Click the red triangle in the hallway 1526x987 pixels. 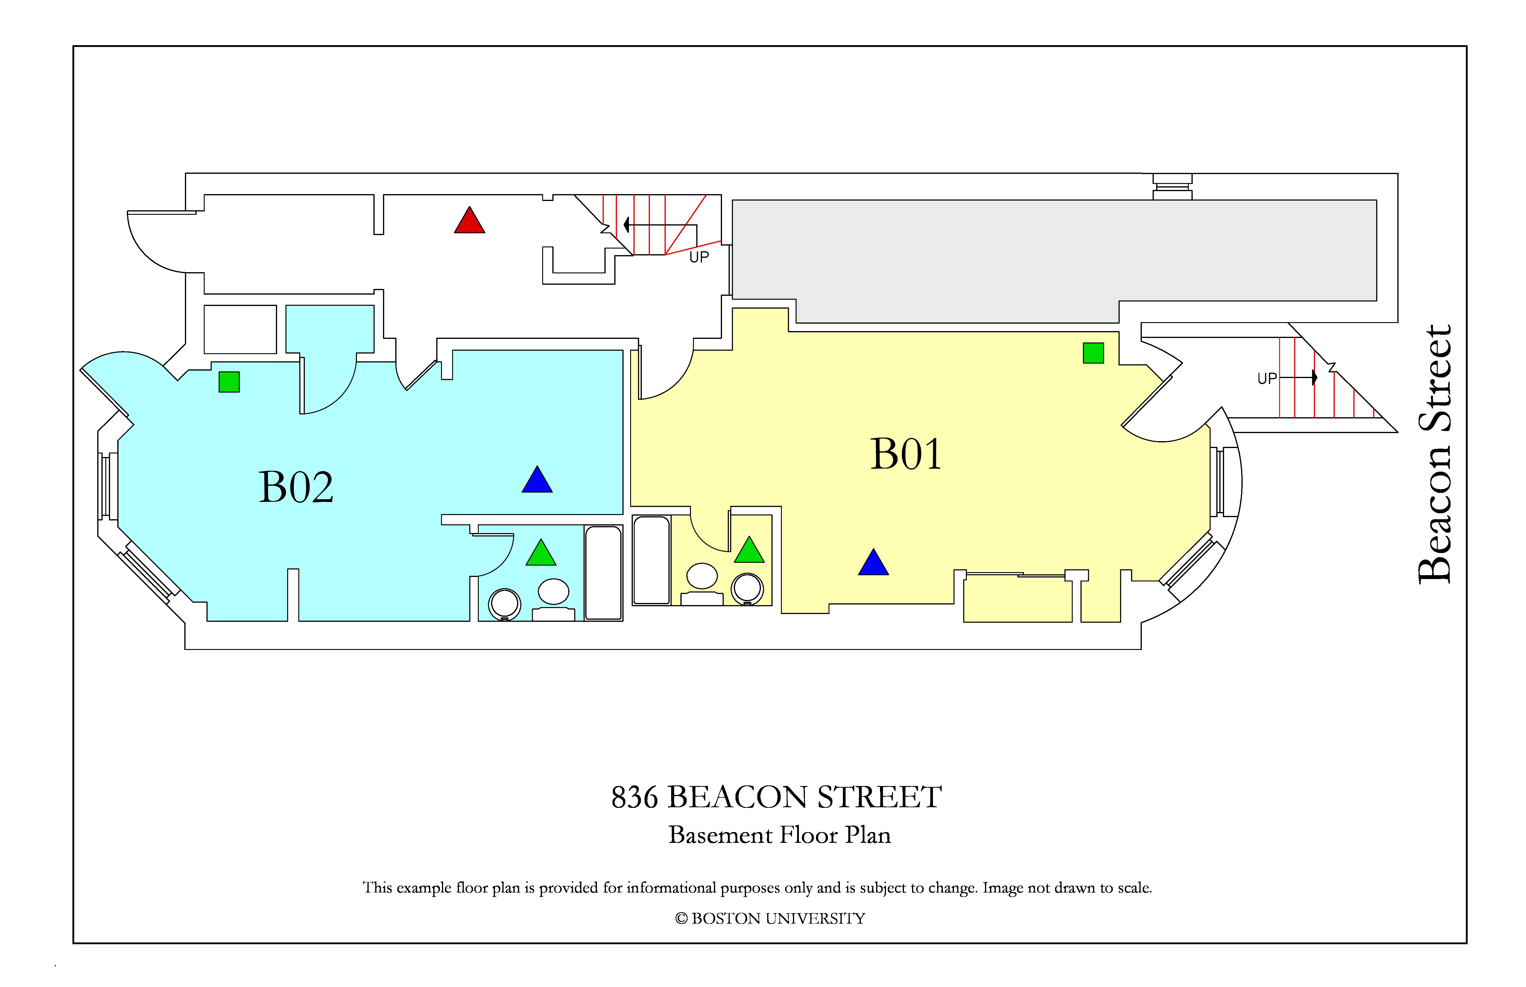point(469,221)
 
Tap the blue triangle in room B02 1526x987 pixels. point(537,481)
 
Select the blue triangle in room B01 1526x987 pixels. point(873,563)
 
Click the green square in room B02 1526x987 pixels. point(229,382)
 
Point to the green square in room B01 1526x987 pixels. point(1093,353)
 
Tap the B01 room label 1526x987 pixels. point(906,454)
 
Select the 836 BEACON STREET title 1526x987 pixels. point(776,797)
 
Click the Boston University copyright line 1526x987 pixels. point(770,919)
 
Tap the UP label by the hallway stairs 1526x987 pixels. point(699,257)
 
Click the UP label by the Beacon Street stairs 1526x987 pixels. point(1267,379)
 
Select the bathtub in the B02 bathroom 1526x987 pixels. point(603,573)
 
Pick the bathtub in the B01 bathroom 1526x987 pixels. point(651,560)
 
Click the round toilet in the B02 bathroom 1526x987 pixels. point(504,604)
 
